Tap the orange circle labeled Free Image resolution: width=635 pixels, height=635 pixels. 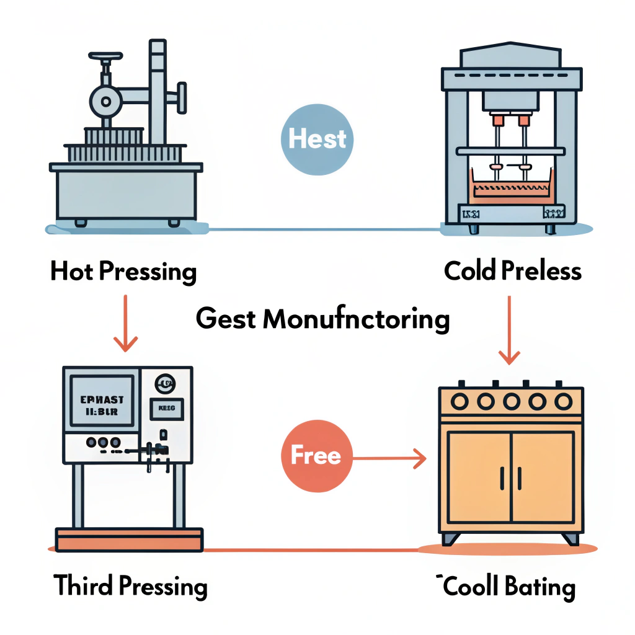[x=316, y=456]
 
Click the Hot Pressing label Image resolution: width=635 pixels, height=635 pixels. [x=123, y=272]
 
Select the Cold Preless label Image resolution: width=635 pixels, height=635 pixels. [x=513, y=271]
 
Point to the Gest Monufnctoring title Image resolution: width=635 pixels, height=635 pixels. [x=322, y=319]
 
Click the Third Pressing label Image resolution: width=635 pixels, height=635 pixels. [x=130, y=586]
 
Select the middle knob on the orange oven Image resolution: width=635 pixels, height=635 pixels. [x=511, y=401]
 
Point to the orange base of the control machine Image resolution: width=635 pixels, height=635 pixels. [x=129, y=539]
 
